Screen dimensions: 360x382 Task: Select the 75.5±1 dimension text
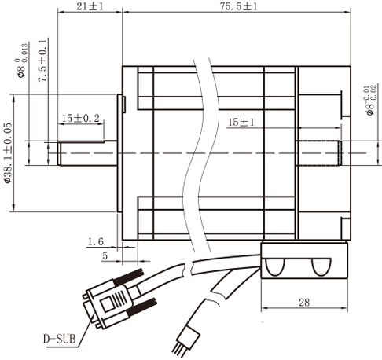pyautogui.click(x=233, y=6)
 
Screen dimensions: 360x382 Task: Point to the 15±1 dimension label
pyautogui.click(x=242, y=123)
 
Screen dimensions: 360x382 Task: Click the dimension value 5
pyautogui.click(x=105, y=255)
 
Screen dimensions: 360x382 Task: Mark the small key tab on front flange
pyautogui.click(x=123, y=102)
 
